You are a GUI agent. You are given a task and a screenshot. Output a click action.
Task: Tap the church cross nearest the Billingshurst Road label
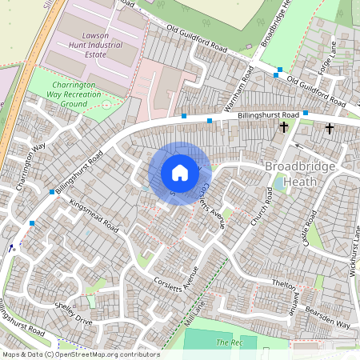(x=283, y=127)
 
